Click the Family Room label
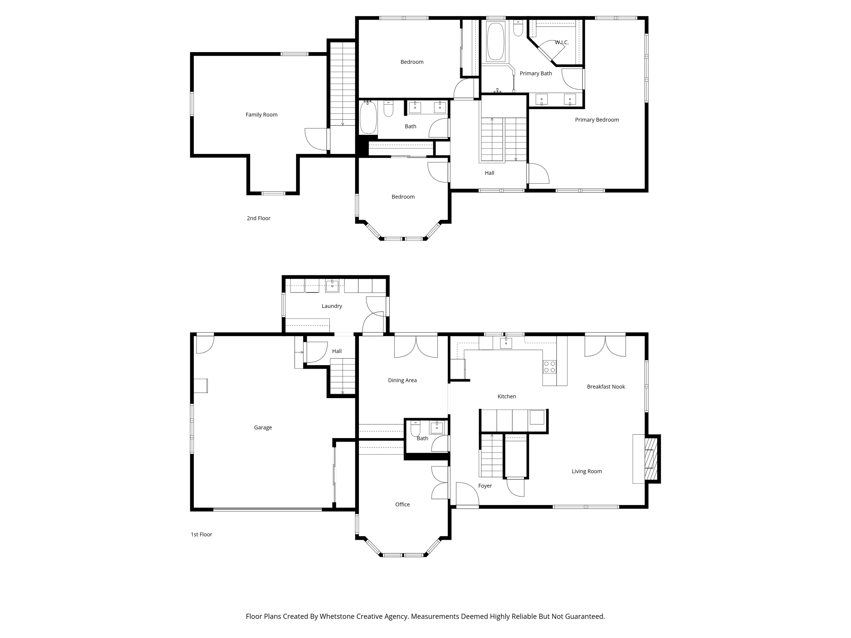(261, 115)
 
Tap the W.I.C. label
(561, 42)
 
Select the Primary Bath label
(536, 73)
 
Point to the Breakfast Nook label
(606, 386)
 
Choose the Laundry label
(332, 306)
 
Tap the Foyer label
(485, 486)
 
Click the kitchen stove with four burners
(549, 366)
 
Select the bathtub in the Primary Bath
(496, 41)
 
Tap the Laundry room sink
(332, 286)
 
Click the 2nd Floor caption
(258, 218)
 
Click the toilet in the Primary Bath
(518, 28)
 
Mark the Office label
(403, 504)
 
